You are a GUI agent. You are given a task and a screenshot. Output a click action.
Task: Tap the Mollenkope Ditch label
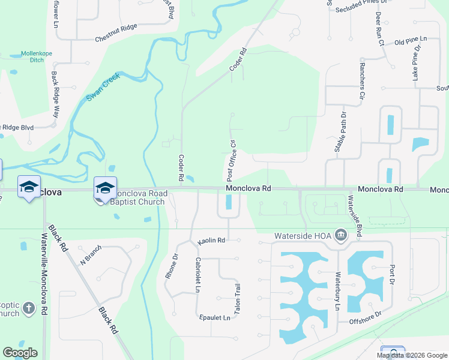tap(38, 57)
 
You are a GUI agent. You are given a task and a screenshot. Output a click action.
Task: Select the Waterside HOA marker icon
tap(341, 235)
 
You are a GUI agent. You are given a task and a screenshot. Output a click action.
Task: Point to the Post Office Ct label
tap(232, 160)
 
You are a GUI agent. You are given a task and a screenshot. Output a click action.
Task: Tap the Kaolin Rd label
tap(211, 241)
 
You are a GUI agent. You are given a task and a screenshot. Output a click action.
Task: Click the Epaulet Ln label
tap(213, 317)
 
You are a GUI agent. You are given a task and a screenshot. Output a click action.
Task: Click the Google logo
tap(20, 353)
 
